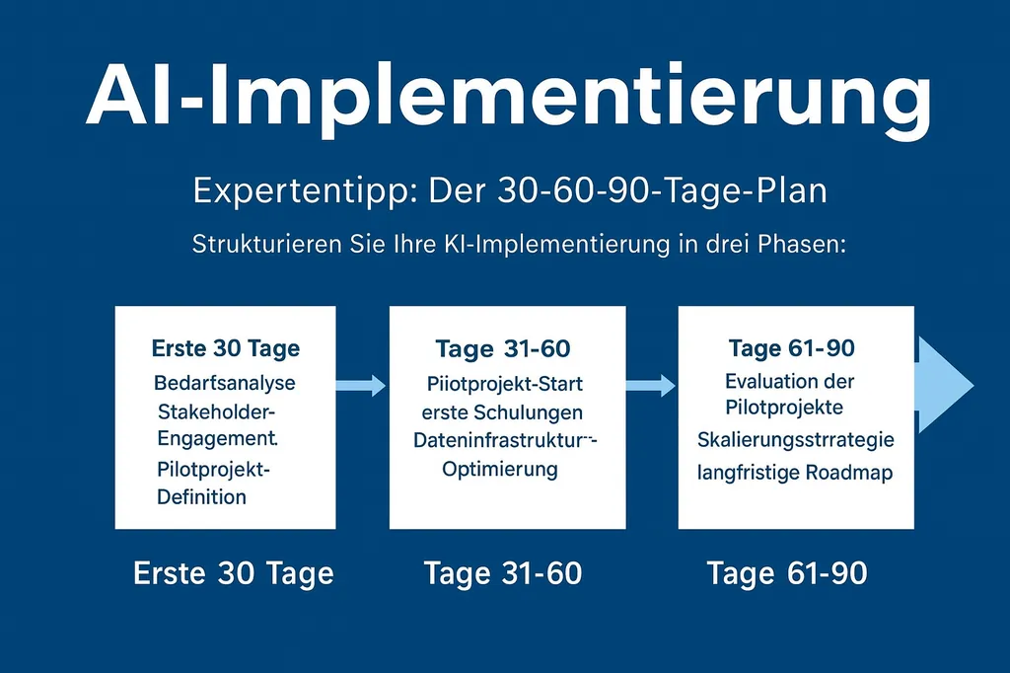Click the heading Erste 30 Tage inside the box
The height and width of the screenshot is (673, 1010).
(x=226, y=348)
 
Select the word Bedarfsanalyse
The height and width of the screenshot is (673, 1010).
(x=225, y=382)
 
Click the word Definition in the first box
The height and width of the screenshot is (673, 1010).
(x=202, y=496)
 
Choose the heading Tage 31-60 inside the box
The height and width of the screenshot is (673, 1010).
(x=503, y=348)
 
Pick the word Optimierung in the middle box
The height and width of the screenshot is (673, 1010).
(x=499, y=469)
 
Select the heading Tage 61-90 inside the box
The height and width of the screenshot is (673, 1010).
(x=792, y=348)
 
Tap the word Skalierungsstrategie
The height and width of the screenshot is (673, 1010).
(x=795, y=439)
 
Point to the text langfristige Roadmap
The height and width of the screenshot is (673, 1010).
(x=795, y=473)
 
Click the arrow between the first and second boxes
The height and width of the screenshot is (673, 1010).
(x=362, y=386)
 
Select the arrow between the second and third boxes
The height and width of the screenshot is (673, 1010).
(x=651, y=386)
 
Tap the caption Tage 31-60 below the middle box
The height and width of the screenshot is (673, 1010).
(x=503, y=573)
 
